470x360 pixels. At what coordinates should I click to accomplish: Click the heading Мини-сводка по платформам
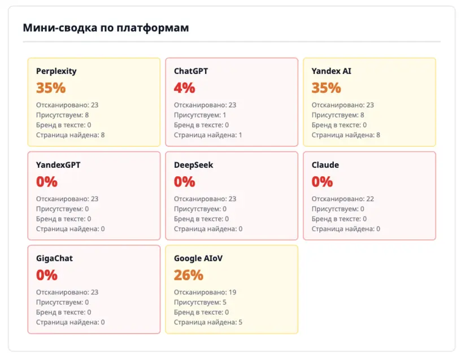(x=106, y=28)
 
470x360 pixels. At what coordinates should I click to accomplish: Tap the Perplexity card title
(x=56, y=71)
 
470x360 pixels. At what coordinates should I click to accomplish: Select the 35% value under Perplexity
(x=51, y=88)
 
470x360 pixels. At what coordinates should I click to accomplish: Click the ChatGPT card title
(x=191, y=71)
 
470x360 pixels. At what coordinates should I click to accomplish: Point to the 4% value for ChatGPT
(x=185, y=88)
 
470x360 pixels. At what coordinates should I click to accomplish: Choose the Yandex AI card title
(x=331, y=71)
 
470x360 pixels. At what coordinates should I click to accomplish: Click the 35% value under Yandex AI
(x=327, y=88)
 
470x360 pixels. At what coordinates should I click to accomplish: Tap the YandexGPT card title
(x=58, y=165)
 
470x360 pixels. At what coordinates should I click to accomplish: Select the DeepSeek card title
(x=194, y=165)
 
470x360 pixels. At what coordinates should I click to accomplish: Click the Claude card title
(x=325, y=165)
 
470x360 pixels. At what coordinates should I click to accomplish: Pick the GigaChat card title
(x=54, y=258)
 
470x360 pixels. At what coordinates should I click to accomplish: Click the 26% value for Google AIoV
(x=189, y=275)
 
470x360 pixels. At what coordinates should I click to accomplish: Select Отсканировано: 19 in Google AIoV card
(x=205, y=292)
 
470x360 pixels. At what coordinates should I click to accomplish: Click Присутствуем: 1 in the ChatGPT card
(x=200, y=115)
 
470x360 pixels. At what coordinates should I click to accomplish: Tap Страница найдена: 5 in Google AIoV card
(x=208, y=322)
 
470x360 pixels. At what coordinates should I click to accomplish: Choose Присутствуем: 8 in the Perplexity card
(x=62, y=115)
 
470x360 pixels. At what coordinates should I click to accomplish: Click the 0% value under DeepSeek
(x=185, y=181)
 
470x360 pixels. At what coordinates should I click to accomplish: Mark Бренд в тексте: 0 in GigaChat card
(x=64, y=312)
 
